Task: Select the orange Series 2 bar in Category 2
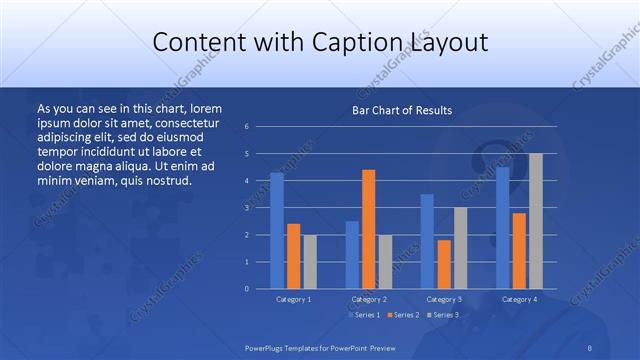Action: [x=369, y=229]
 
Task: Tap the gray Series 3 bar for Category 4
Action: [x=536, y=221]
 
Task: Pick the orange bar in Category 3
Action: [x=444, y=264]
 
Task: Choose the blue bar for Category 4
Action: [x=503, y=227]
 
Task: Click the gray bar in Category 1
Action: [x=310, y=261]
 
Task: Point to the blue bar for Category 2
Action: [x=352, y=254]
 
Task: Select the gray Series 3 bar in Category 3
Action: [x=460, y=248]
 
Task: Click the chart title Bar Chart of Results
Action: [x=402, y=110]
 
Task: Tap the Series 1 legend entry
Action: [x=365, y=315]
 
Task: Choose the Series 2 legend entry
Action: [x=403, y=315]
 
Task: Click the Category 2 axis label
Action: [x=368, y=299]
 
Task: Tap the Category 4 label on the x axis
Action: [x=518, y=299]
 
